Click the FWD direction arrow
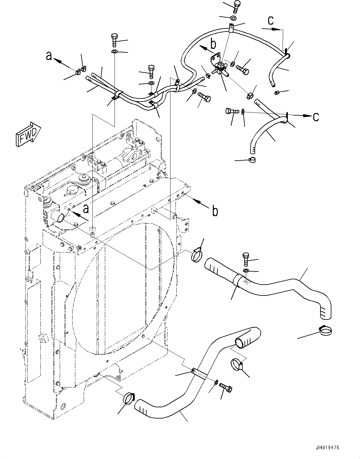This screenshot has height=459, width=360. click(27, 134)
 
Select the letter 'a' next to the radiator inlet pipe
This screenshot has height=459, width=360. click(86, 208)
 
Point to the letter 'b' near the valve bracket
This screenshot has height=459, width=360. click(213, 44)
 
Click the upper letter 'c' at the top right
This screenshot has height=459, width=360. click(271, 20)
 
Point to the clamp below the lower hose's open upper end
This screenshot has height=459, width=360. click(237, 364)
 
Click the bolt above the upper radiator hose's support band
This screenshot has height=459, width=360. click(245, 258)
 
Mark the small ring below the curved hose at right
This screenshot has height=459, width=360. click(253, 160)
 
